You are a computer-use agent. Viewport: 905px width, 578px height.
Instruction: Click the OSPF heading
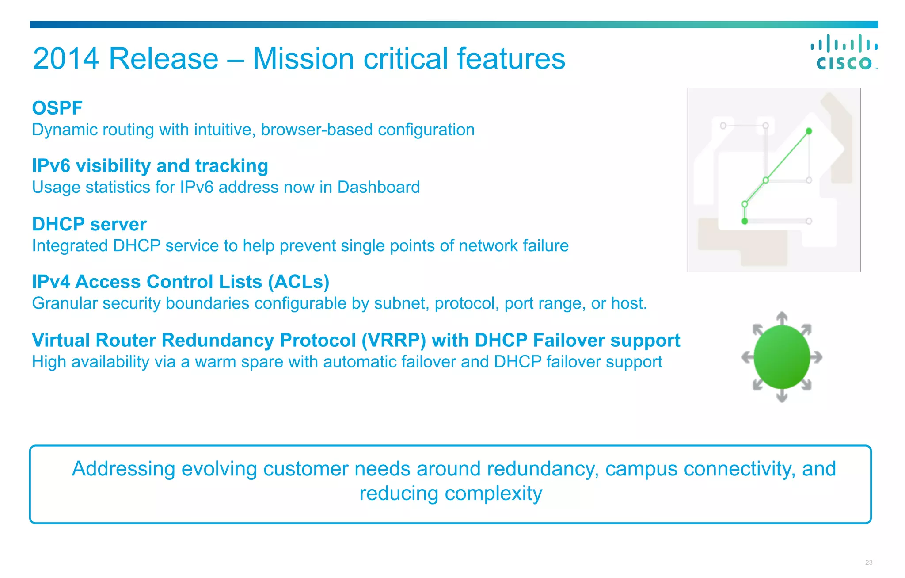57,108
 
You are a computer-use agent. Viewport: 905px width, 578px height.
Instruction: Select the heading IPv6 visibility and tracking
150,166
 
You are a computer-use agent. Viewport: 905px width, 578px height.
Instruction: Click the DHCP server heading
89,224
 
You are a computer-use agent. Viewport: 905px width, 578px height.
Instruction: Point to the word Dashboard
378,188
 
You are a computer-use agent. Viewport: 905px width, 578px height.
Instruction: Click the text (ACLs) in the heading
299,282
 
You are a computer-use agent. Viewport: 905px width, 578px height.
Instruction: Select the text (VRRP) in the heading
393,340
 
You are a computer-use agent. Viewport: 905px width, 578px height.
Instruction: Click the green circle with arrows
782,357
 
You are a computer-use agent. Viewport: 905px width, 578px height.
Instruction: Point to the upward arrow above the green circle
782,318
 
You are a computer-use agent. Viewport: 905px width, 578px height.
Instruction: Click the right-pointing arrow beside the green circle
817,357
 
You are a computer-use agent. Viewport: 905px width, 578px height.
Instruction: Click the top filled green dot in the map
809,131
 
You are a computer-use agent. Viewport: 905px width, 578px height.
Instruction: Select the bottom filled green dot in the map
745,221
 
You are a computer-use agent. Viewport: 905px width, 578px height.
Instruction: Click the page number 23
869,563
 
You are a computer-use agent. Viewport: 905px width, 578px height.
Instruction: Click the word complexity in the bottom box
493,494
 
